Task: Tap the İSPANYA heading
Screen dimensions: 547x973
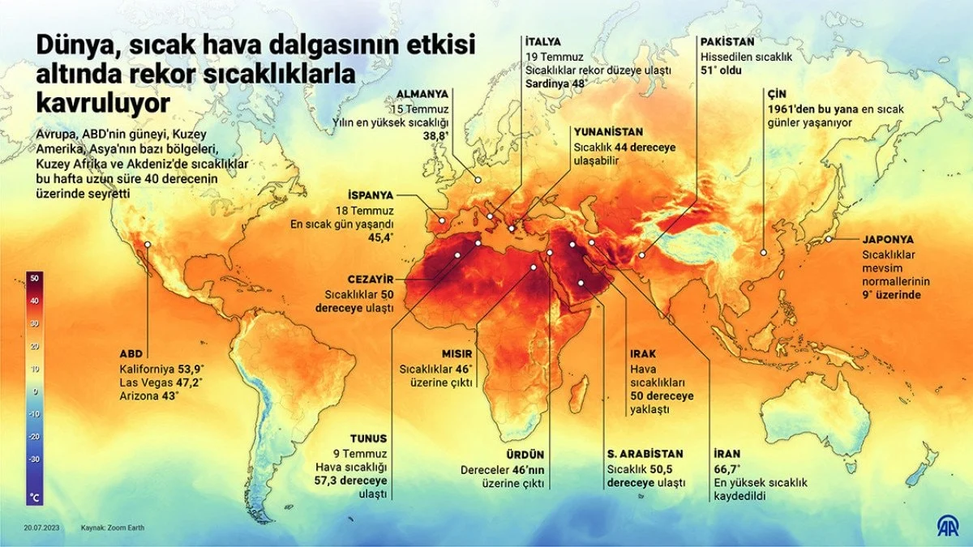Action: (x=370, y=195)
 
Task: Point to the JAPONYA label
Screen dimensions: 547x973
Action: (x=888, y=240)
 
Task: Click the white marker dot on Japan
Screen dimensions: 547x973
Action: (x=828, y=239)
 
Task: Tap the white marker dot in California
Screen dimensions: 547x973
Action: (x=148, y=243)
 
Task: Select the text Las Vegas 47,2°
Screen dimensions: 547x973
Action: (x=161, y=382)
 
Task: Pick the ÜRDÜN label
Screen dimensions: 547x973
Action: (x=526, y=455)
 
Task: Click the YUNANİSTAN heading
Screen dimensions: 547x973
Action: (x=608, y=131)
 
